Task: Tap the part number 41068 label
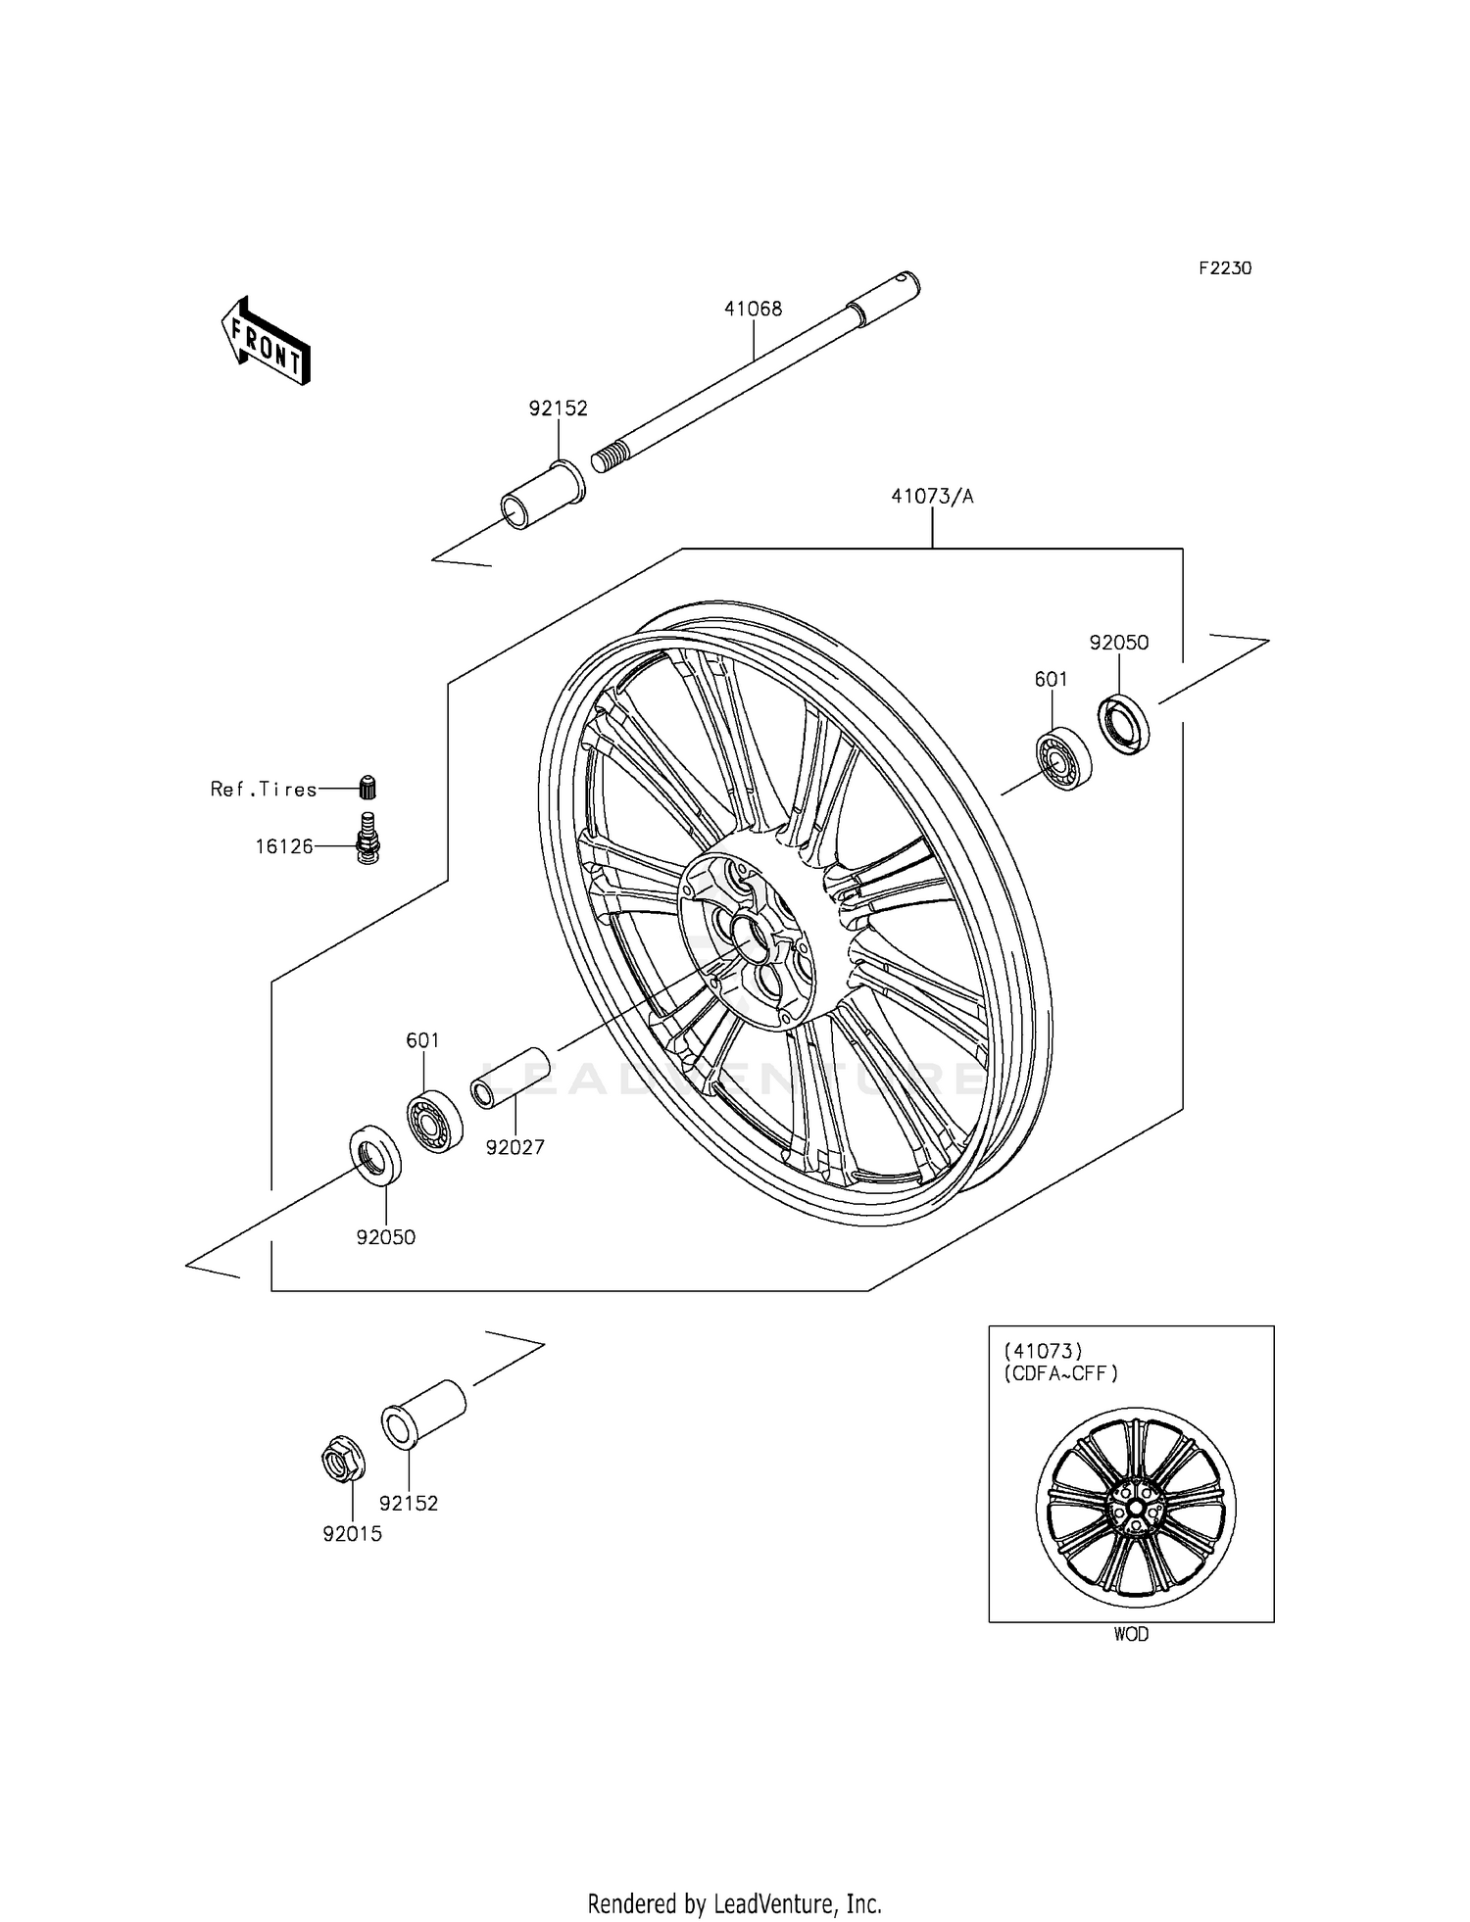753,310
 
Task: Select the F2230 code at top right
1224,268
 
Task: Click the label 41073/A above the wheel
932,497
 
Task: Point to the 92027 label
514,1147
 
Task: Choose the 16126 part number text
284,846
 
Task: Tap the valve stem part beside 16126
367,839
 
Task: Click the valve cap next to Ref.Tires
368,787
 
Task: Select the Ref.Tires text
264,790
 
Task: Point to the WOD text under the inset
1131,1634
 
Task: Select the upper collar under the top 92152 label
544,497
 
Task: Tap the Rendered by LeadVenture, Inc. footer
734,1903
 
